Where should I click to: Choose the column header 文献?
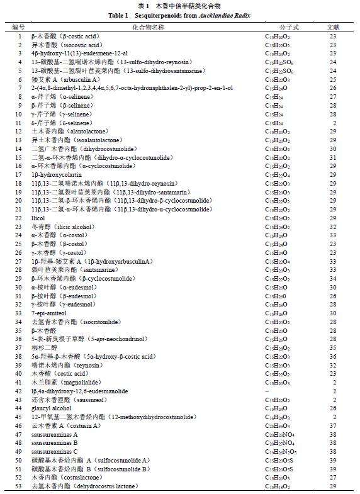[332, 28]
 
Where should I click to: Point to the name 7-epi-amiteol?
[48, 313]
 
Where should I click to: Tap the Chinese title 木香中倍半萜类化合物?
[189, 5]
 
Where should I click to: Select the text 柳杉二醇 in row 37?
[42, 347]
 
